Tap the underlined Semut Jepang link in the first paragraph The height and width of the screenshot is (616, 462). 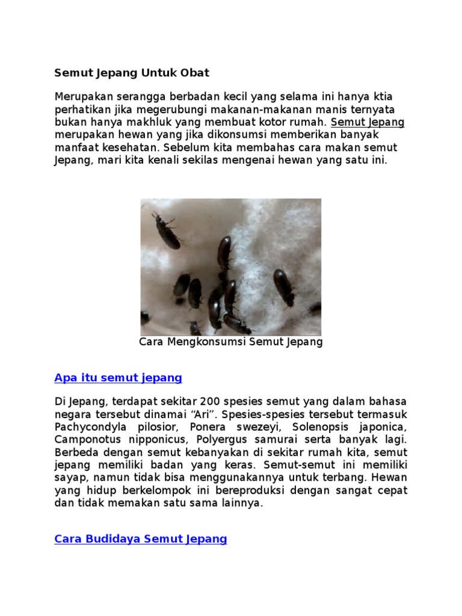pos(368,123)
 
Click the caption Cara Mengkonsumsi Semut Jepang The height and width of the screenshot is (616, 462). pos(231,342)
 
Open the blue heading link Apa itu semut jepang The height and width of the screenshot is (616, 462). pos(118,378)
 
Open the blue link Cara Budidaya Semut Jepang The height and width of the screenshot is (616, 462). pos(141,539)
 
